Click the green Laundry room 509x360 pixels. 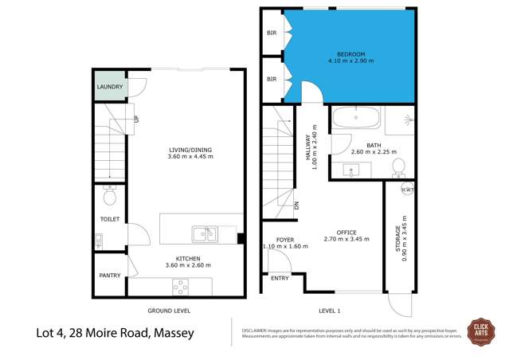click(109, 87)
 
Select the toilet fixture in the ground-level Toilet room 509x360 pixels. click(111, 194)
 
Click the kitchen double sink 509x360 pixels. click(204, 233)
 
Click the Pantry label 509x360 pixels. click(110, 276)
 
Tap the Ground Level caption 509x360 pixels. click(169, 310)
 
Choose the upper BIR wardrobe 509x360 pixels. click(272, 34)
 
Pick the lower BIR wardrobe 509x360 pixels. click(272, 79)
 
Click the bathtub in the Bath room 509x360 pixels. click(356, 120)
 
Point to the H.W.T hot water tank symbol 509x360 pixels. click(406, 190)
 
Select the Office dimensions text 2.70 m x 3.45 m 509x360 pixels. click(346, 238)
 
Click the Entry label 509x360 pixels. click(280, 278)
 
